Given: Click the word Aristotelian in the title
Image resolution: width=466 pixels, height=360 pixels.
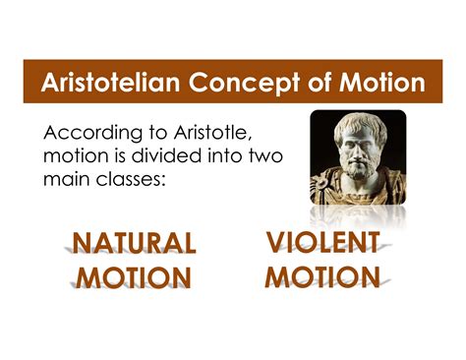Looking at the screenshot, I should (x=105, y=83).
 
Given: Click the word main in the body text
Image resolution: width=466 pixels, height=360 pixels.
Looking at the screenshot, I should (x=69, y=181).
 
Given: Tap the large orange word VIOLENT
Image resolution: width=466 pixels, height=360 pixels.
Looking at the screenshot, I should (x=322, y=242).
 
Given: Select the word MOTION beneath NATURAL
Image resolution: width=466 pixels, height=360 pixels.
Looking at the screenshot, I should (x=135, y=278).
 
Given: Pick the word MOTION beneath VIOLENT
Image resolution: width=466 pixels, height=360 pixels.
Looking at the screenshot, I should (x=322, y=276).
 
